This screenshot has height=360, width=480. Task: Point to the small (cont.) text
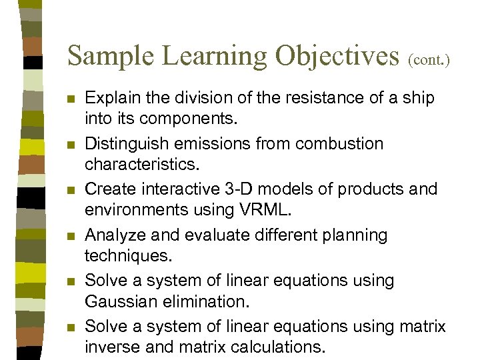click(x=429, y=60)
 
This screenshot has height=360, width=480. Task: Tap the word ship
click(x=417, y=99)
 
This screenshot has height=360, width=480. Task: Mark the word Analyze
click(x=113, y=235)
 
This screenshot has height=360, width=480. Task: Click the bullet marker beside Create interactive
click(x=72, y=191)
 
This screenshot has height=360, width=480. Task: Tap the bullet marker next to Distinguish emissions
click(x=72, y=145)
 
